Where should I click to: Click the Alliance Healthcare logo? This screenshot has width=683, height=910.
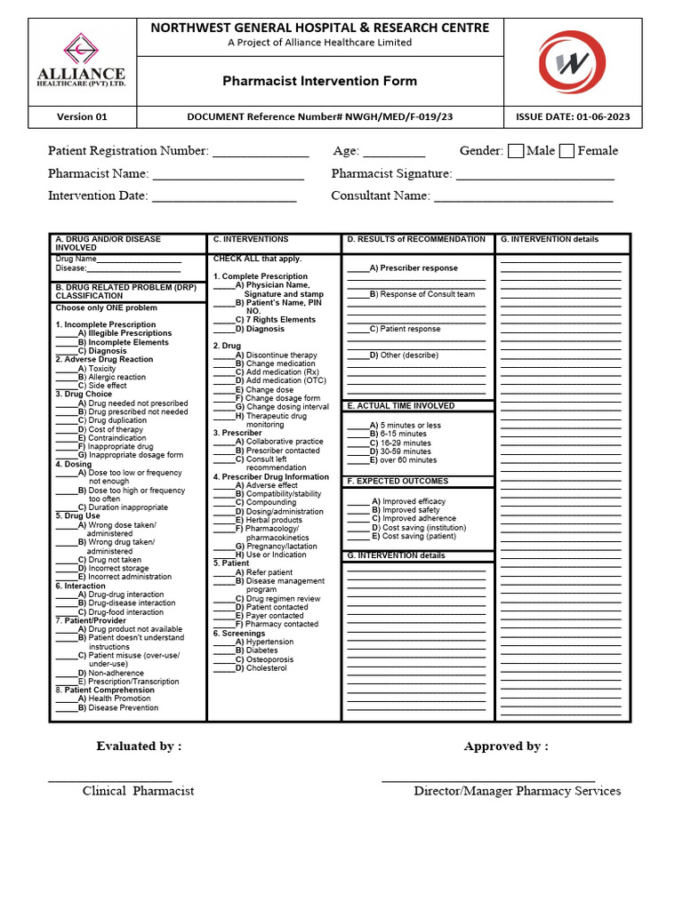point(80,60)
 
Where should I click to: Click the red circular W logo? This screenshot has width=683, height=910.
point(572,61)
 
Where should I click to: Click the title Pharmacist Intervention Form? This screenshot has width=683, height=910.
point(319,81)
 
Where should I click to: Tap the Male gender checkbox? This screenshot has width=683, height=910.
point(516,151)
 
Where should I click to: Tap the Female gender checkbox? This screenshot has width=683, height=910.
point(566,151)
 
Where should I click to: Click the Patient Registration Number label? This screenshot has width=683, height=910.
point(128,151)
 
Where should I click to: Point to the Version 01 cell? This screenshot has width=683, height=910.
point(82,116)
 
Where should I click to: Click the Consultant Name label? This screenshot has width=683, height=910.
point(381,196)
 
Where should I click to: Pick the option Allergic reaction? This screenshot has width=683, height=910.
point(116,377)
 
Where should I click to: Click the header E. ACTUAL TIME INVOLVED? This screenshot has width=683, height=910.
point(400,405)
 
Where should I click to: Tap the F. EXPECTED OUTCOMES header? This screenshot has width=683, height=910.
point(398,481)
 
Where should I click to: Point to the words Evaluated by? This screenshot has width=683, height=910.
point(139,746)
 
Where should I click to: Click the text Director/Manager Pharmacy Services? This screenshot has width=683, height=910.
point(517,791)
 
